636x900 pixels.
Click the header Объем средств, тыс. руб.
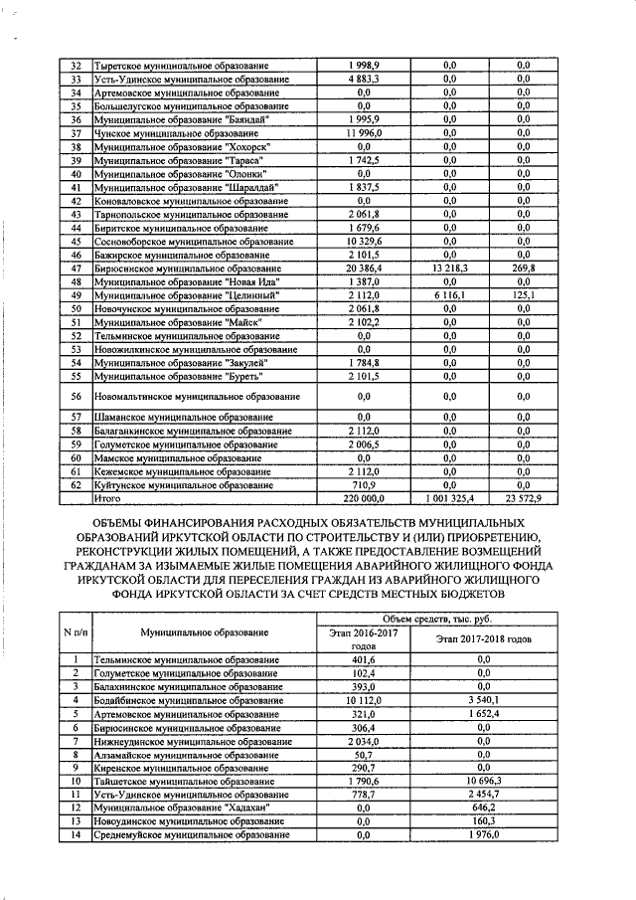(438, 620)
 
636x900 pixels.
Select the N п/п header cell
(75, 631)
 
